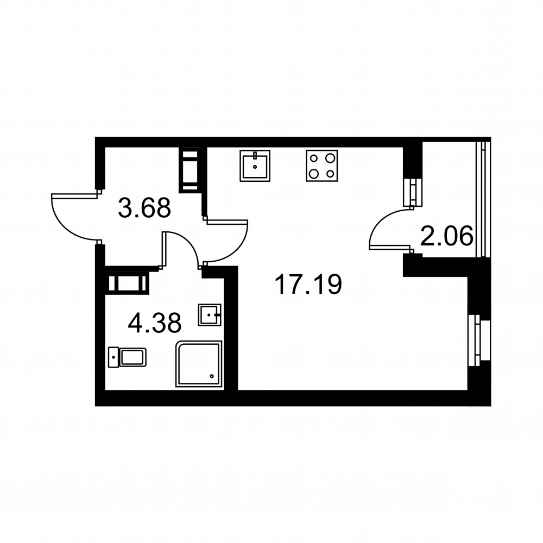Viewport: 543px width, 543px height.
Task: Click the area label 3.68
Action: pos(144,208)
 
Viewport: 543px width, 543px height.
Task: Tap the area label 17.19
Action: pos(308,284)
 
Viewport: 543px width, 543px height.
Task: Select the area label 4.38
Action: pos(154,323)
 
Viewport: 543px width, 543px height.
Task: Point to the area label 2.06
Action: pos(446,236)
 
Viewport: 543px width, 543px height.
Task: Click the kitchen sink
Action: pos(255,166)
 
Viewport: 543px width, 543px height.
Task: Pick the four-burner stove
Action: pos(321,166)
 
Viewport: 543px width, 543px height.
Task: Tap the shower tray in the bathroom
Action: pos(199,364)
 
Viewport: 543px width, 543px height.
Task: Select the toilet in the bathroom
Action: pos(127,357)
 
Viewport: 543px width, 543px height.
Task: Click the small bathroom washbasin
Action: pos(210,315)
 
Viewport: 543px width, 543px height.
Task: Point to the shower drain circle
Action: pos(212,376)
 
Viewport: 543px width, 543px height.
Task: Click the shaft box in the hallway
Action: pos(190,170)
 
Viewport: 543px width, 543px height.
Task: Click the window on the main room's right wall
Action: pos(479,340)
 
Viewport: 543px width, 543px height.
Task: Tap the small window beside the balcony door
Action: pos(413,192)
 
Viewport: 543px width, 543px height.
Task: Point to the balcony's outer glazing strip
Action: pos(483,198)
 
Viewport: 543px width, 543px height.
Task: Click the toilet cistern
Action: pos(113,357)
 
